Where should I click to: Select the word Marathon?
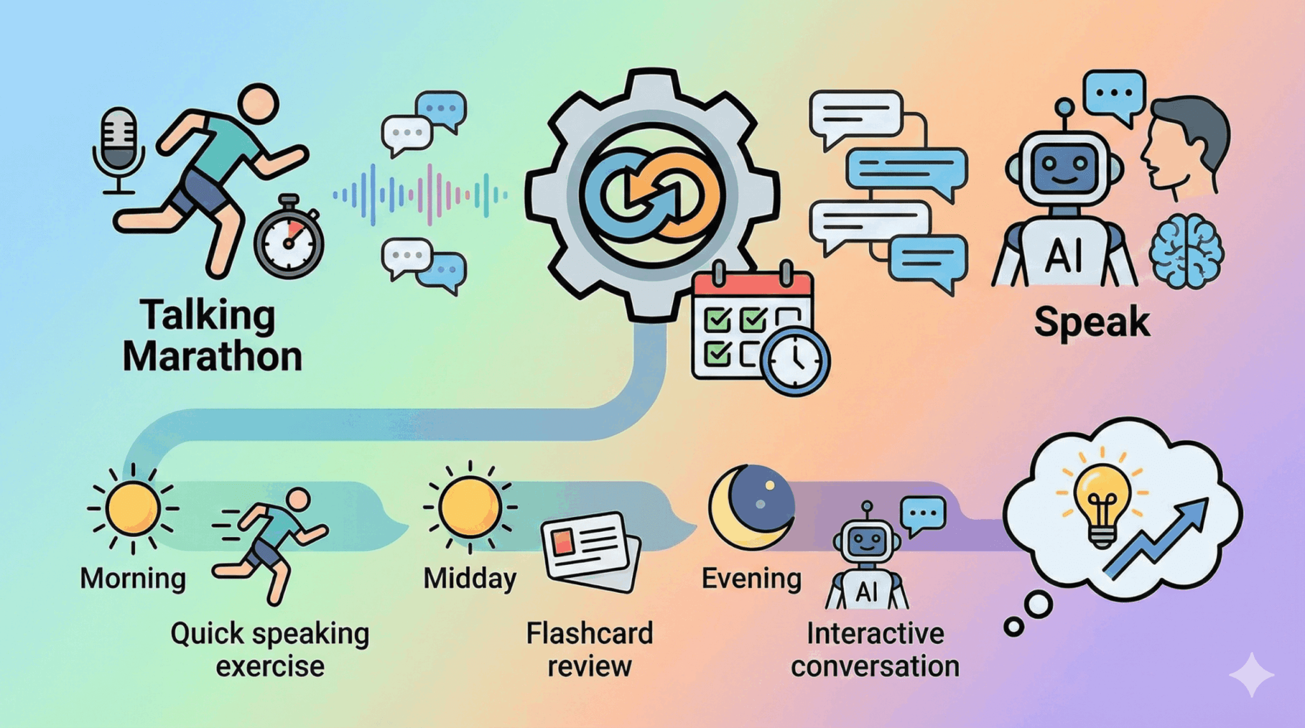click(212, 357)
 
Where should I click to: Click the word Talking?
click(208, 315)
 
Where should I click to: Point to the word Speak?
click(1092, 322)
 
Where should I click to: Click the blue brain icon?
click(1186, 251)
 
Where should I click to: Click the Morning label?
click(133, 579)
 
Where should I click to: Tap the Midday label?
click(470, 579)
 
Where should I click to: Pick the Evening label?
click(751, 579)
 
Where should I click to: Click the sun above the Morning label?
click(133, 508)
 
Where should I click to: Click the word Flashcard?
click(589, 634)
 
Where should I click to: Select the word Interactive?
click(876, 634)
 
